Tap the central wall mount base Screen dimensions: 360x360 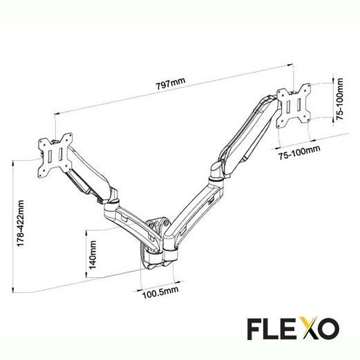[x=156, y=242]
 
